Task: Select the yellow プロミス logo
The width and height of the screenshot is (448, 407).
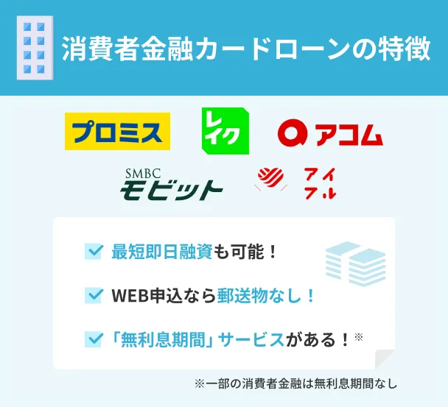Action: click(x=117, y=131)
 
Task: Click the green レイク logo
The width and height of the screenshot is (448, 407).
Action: click(x=225, y=131)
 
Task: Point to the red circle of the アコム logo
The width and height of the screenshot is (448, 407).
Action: click(x=292, y=133)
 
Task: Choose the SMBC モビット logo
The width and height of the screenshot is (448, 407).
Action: click(x=171, y=184)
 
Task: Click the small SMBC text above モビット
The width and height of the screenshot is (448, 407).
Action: click(x=142, y=172)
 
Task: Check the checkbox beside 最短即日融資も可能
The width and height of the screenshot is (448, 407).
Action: click(x=94, y=252)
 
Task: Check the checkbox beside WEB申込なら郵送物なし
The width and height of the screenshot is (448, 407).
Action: click(x=94, y=295)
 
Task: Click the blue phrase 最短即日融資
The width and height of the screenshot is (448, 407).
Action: click(x=161, y=252)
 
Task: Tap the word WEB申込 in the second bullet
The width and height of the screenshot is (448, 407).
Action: click(x=144, y=295)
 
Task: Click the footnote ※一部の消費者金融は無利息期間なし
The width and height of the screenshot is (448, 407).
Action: click(x=295, y=383)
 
